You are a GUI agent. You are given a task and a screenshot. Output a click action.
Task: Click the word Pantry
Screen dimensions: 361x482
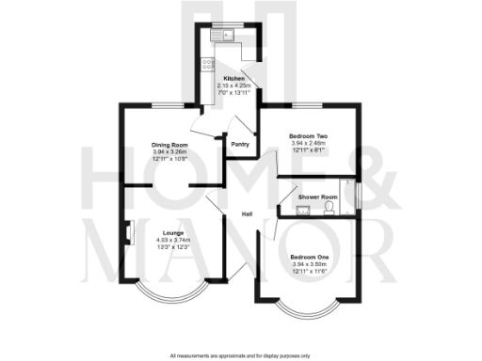coord(239,145)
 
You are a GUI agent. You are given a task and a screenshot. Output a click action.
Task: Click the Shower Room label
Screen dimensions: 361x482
coord(317,196)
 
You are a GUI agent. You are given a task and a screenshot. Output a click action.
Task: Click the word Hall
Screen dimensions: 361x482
coord(247,213)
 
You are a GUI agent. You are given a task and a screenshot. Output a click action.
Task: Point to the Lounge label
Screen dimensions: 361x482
coord(171,232)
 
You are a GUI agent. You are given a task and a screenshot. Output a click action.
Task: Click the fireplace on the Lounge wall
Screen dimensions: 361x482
coord(126,231)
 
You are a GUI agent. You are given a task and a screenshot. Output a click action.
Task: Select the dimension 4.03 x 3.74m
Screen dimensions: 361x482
coord(171,240)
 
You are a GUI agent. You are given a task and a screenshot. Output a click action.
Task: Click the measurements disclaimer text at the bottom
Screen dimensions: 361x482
coord(241,355)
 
